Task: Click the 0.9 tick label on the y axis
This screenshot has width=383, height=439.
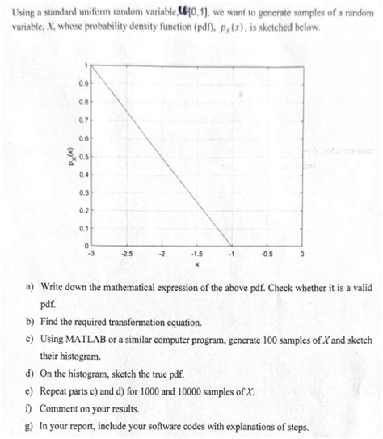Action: (82, 82)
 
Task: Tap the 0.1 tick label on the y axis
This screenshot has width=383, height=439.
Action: (82, 228)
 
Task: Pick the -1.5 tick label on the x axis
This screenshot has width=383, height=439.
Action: (196, 254)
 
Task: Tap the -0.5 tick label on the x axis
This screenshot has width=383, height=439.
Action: (266, 254)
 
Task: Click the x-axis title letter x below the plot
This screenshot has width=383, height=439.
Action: (196, 264)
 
